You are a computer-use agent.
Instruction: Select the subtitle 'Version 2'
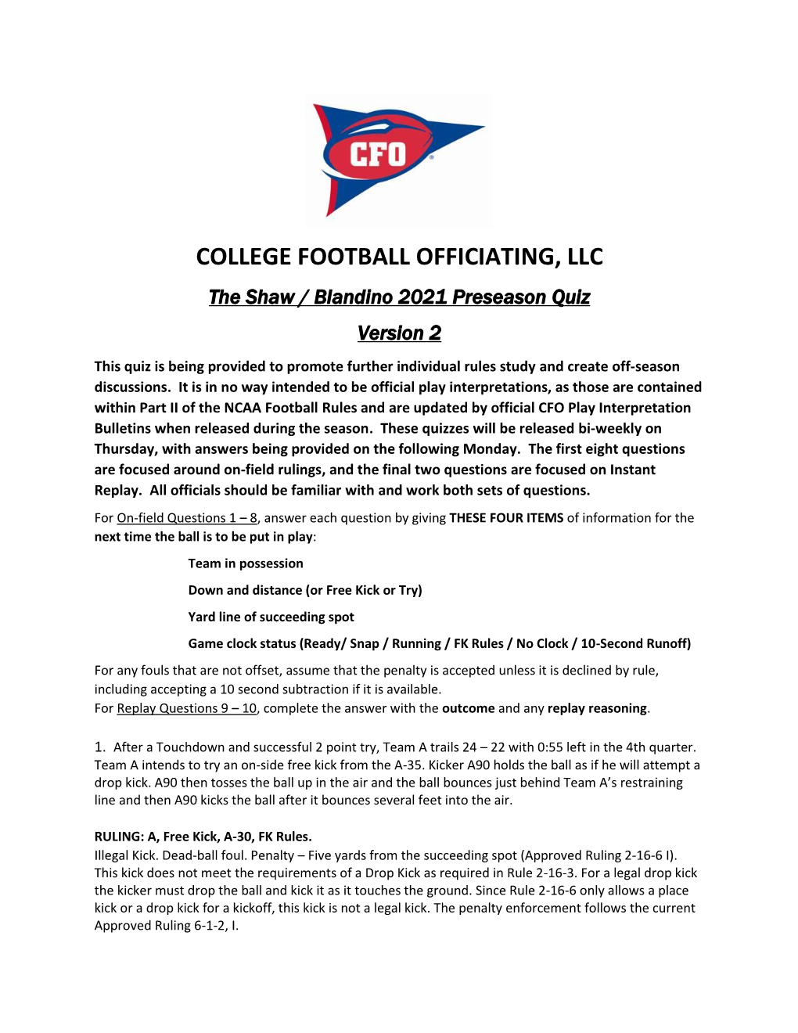[399, 333]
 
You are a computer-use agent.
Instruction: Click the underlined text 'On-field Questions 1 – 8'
[187, 518]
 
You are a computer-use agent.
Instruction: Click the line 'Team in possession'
[246, 563]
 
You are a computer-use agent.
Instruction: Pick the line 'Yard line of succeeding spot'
[271, 617]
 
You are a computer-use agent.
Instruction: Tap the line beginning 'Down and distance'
[305, 590]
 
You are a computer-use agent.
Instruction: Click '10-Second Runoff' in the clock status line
[635, 643]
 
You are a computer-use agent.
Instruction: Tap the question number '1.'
[100, 747]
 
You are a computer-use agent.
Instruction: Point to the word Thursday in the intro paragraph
[124, 449]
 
